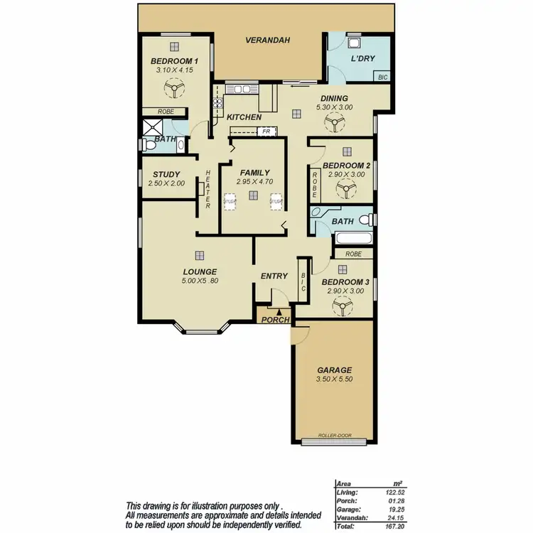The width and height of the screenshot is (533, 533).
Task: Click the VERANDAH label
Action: point(268,41)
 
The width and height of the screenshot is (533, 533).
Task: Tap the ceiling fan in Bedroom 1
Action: point(173,89)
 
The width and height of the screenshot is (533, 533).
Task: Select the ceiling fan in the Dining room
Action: point(333,124)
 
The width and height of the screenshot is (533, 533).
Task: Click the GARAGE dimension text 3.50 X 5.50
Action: point(334,381)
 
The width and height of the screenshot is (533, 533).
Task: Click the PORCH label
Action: point(275,320)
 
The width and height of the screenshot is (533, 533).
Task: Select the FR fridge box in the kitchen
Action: point(266,131)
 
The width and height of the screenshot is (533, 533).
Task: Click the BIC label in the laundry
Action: point(382,77)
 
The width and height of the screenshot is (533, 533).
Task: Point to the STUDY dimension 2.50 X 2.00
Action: point(166,183)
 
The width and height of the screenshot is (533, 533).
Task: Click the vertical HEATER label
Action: point(208,190)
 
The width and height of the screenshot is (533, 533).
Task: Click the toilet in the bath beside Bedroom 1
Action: point(148,145)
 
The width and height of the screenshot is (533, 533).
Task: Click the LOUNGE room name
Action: point(199,271)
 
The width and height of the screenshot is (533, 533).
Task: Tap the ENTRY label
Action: point(274,276)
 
